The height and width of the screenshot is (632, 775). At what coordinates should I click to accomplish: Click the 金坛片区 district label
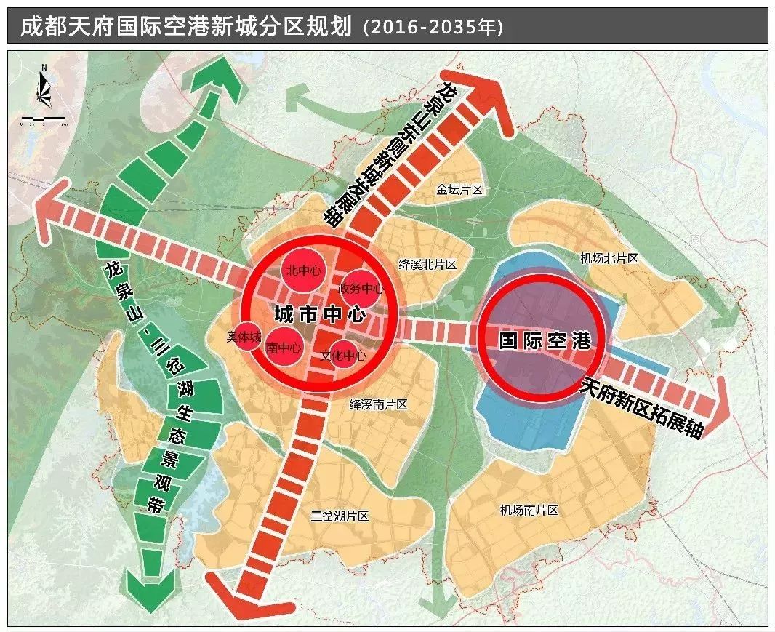(x=459, y=190)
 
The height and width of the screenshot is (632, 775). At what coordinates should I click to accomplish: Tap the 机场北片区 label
(x=609, y=258)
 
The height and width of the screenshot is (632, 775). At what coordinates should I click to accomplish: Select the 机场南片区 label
(x=529, y=511)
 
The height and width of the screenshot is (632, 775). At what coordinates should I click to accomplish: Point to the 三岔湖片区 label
(x=340, y=516)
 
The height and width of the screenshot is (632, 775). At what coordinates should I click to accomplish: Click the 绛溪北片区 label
(x=427, y=264)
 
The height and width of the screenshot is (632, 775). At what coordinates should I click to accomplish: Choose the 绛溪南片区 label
(x=378, y=404)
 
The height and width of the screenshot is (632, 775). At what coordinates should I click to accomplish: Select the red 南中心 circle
(x=284, y=348)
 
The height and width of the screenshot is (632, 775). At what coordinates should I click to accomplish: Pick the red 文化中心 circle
(x=343, y=356)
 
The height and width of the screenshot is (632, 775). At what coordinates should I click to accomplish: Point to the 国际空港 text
(x=543, y=340)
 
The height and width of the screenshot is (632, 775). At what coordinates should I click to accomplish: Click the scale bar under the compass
(x=44, y=118)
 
